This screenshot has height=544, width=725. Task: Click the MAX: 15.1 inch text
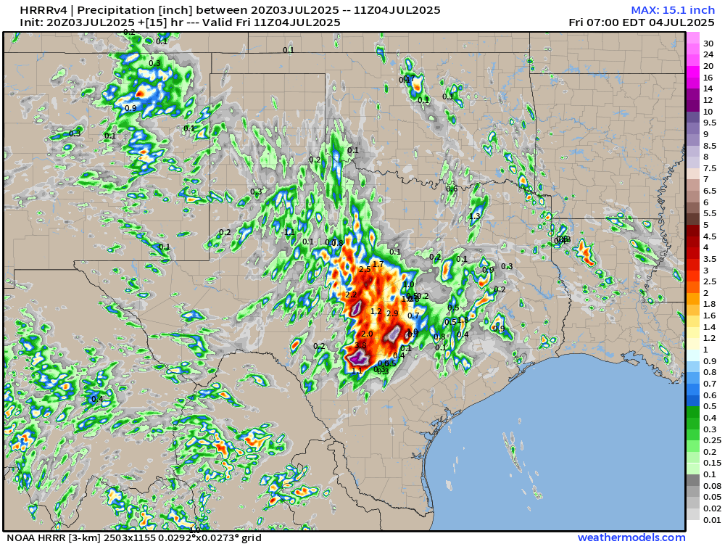(x=673, y=9)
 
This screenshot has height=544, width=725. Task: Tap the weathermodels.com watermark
(x=631, y=537)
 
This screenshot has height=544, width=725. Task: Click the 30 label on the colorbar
(x=708, y=44)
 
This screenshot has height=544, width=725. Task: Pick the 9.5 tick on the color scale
(x=710, y=123)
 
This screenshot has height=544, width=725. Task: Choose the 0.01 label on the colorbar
(x=712, y=519)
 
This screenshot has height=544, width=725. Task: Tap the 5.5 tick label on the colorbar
(x=710, y=213)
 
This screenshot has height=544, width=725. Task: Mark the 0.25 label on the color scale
(x=712, y=440)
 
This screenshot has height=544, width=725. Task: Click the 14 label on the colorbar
(x=708, y=88)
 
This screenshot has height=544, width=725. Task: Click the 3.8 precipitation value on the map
(x=360, y=345)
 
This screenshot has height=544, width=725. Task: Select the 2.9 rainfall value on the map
(x=392, y=313)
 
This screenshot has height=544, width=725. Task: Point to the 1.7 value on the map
(x=378, y=264)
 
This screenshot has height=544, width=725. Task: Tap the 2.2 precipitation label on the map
(x=351, y=294)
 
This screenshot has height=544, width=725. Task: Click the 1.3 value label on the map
(x=475, y=216)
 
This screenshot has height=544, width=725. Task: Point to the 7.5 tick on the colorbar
(x=710, y=168)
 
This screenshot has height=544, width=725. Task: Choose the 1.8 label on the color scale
(x=710, y=304)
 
